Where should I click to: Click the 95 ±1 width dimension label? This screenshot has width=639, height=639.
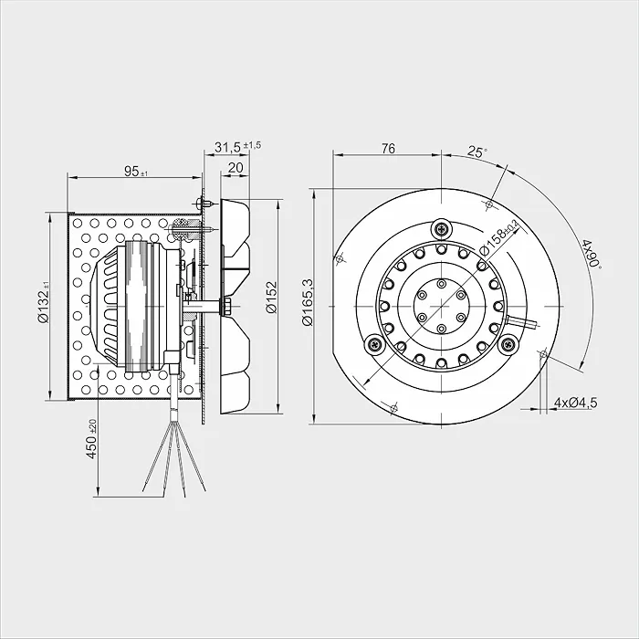136,172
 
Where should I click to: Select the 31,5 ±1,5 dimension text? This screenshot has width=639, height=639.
238,146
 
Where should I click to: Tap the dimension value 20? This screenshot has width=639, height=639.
236,167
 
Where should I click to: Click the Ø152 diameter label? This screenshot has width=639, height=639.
271,297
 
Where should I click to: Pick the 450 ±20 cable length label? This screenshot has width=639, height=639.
92,438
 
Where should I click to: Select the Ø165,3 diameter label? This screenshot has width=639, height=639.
308,302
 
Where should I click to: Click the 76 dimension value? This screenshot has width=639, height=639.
388,148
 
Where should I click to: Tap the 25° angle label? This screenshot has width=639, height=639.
477,152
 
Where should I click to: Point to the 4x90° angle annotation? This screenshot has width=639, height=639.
592,254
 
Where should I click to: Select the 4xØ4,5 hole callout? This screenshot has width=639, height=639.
575,403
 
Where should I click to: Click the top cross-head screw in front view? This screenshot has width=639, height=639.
442,229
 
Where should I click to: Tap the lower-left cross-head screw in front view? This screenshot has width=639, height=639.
374,344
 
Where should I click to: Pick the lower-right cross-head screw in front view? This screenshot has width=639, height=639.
509,344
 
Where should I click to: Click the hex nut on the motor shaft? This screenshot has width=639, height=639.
225,307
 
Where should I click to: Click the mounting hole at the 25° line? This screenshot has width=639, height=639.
490,204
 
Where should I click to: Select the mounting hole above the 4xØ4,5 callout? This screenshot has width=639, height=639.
543,354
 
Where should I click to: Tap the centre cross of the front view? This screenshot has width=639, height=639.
441,307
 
